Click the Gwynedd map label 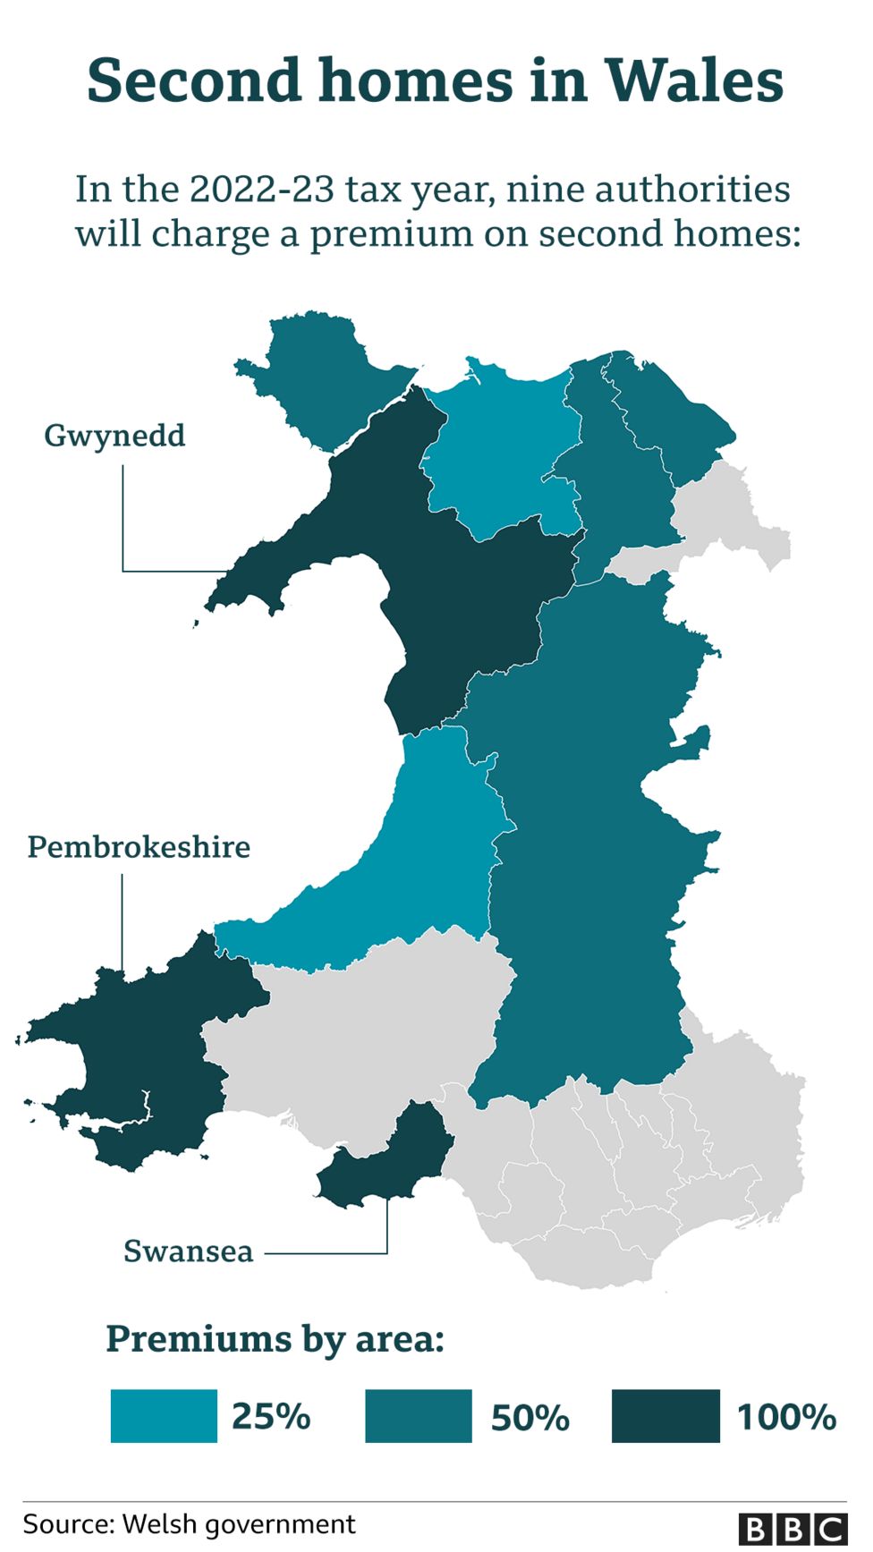pos(114,436)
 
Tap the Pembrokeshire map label pos(139,846)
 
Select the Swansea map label pos(188,1251)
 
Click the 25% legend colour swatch pos(164,1415)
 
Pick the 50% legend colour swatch pos(418,1415)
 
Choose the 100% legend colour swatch pos(665,1415)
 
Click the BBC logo pos(792,1529)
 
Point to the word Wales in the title pos(695,81)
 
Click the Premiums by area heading pos(275,1339)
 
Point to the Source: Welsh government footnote pos(189,1523)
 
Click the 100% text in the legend pos(786,1417)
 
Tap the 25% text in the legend pos(271,1417)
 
